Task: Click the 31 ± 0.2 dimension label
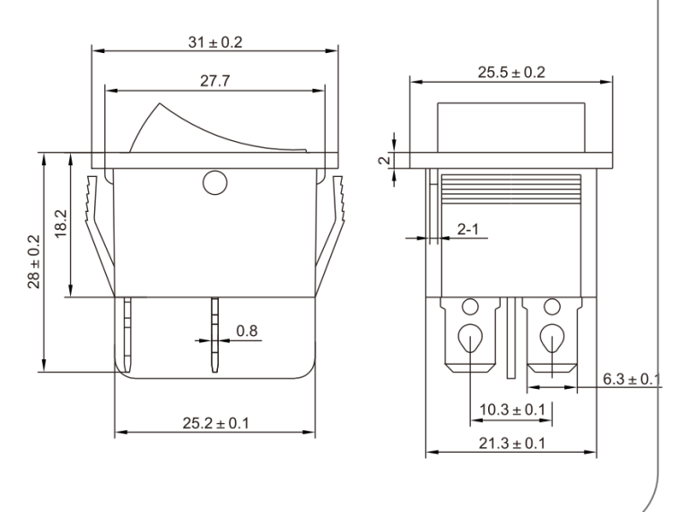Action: pyautogui.click(x=215, y=42)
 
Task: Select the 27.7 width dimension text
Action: pyautogui.click(x=215, y=81)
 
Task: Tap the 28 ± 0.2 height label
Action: pyautogui.click(x=34, y=261)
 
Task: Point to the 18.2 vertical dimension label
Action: pyautogui.click(x=61, y=224)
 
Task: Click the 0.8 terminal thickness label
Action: pyautogui.click(x=247, y=331)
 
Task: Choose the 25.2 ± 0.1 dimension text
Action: pyautogui.click(x=215, y=423)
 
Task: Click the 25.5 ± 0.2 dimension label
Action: pyautogui.click(x=511, y=72)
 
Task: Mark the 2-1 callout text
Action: pyautogui.click(x=468, y=229)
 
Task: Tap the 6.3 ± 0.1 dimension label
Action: pyautogui.click(x=631, y=379)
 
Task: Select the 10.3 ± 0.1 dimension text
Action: pyautogui.click(x=512, y=410)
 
